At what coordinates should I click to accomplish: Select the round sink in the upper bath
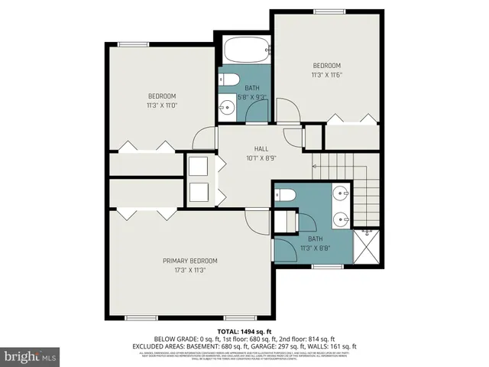click(228, 106)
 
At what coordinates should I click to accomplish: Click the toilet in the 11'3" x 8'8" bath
click(284, 194)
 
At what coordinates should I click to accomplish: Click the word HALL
click(261, 149)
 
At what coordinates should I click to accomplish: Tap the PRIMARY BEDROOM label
click(189, 261)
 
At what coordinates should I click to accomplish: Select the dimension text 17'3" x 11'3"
click(189, 270)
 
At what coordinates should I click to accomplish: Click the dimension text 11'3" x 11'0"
click(162, 105)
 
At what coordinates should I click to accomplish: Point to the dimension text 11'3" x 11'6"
click(326, 75)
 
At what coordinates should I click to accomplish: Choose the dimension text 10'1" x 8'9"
click(261, 159)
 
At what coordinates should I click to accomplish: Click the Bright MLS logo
click(31, 356)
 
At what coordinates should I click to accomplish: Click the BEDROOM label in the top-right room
click(326, 66)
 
